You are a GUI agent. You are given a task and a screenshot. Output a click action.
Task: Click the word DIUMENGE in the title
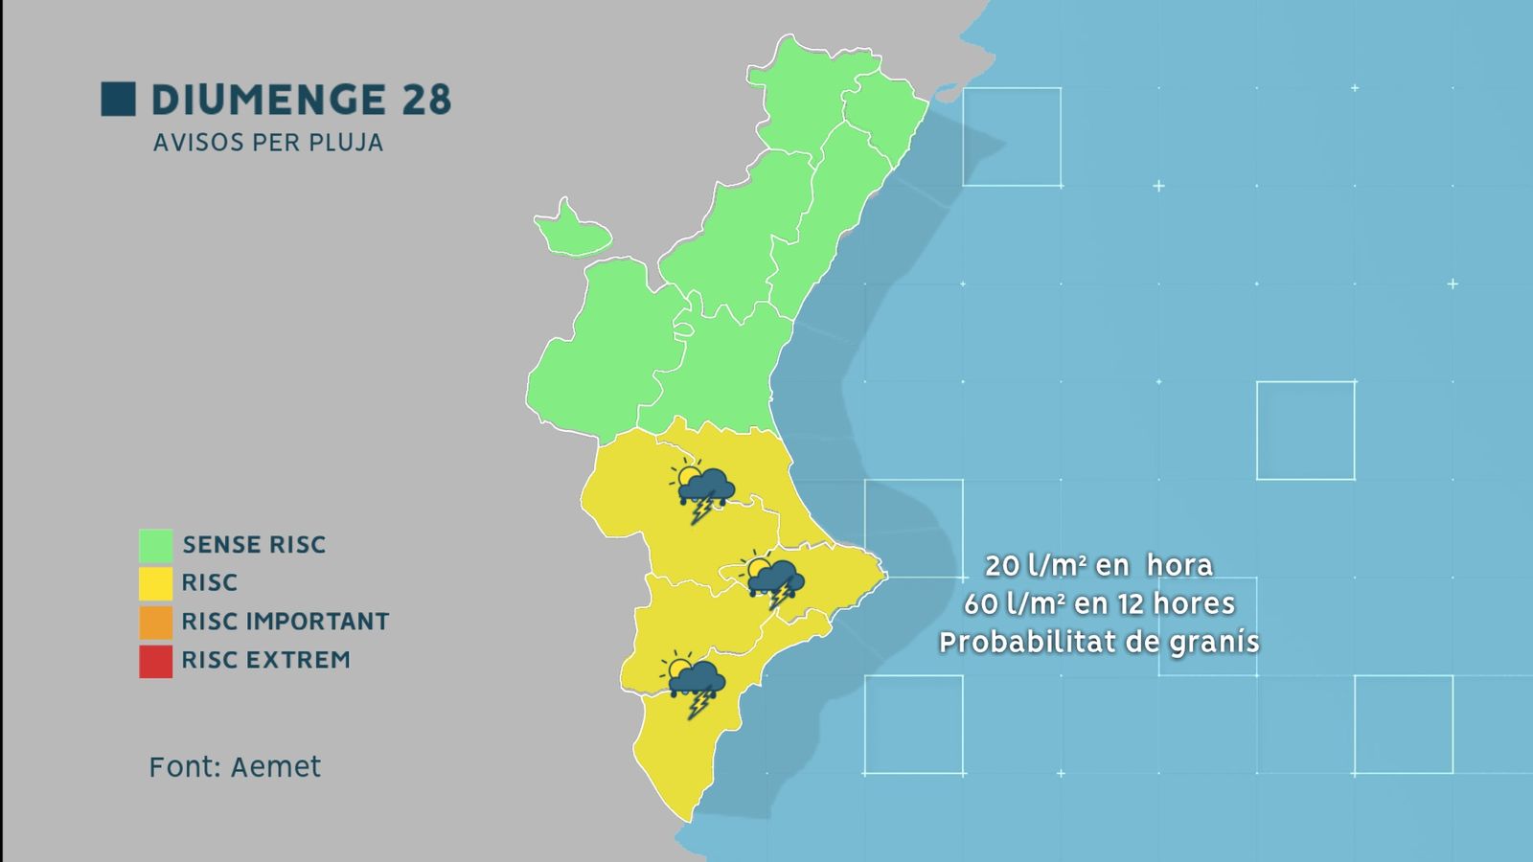point(267,100)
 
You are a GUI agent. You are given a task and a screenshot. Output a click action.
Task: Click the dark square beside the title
point(118,99)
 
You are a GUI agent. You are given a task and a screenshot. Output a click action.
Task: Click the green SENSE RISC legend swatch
point(155,545)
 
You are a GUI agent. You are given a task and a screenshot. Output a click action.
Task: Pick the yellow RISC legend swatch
point(155,583)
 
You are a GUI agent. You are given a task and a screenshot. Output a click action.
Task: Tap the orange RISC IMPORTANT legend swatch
point(155,622)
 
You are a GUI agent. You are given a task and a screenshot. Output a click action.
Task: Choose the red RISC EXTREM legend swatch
point(155,661)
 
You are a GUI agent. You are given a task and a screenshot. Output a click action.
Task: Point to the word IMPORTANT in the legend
point(317,622)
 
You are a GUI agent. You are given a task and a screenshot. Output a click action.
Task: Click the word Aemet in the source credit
point(276,767)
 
